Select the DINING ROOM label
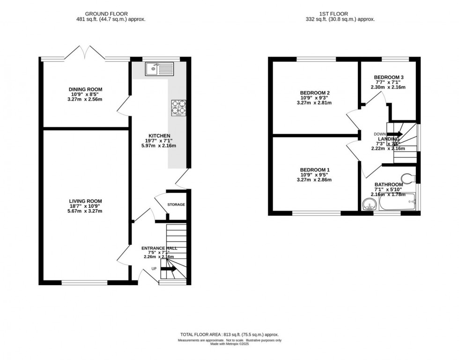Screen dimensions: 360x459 (x=85, y=89)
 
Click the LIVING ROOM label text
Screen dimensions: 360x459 (x=84, y=201)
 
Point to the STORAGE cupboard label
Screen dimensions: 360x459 (x=176, y=205)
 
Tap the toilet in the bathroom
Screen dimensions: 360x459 (x=410, y=177)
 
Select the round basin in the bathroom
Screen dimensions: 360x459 (x=369, y=205)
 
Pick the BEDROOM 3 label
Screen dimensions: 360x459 (x=389, y=77)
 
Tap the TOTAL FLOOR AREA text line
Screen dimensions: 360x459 (x=229, y=335)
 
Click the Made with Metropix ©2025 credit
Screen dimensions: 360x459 (x=229, y=344)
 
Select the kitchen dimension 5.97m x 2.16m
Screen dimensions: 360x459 (x=159, y=146)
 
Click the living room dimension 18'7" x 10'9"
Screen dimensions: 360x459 (x=84, y=206)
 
